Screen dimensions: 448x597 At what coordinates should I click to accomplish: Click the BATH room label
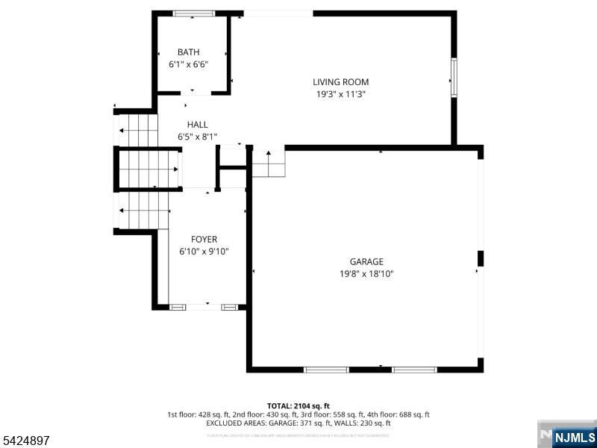(188, 52)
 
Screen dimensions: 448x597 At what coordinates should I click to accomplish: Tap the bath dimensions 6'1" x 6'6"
(188, 64)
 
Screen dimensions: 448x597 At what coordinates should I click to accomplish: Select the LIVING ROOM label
(340, 82)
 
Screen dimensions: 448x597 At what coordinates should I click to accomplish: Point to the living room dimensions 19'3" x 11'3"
(340, 95)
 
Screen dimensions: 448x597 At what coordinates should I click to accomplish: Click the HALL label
(198, 125)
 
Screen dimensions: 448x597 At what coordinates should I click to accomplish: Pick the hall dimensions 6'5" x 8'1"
(198, 137)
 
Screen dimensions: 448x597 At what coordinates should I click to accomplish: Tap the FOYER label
(204, 239)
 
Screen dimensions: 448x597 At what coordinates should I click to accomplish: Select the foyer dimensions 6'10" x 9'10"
(204, 252)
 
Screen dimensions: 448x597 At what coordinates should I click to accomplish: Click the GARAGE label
(366, 261)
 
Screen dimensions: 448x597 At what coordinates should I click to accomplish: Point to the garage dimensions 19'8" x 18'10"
(366, 274)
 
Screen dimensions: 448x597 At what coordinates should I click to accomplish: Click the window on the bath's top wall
(194, 13)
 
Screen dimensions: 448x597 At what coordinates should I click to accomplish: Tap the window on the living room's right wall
(453, 77)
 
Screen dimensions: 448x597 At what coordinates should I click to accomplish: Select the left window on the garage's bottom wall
(326, 369)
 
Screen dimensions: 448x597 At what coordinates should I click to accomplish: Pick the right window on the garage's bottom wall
(414, 369)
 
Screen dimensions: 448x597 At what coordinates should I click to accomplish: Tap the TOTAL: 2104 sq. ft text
(298, 405)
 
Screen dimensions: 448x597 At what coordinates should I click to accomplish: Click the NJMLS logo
(573, 436)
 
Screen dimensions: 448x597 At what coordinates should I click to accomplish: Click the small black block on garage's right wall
(481, 258)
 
